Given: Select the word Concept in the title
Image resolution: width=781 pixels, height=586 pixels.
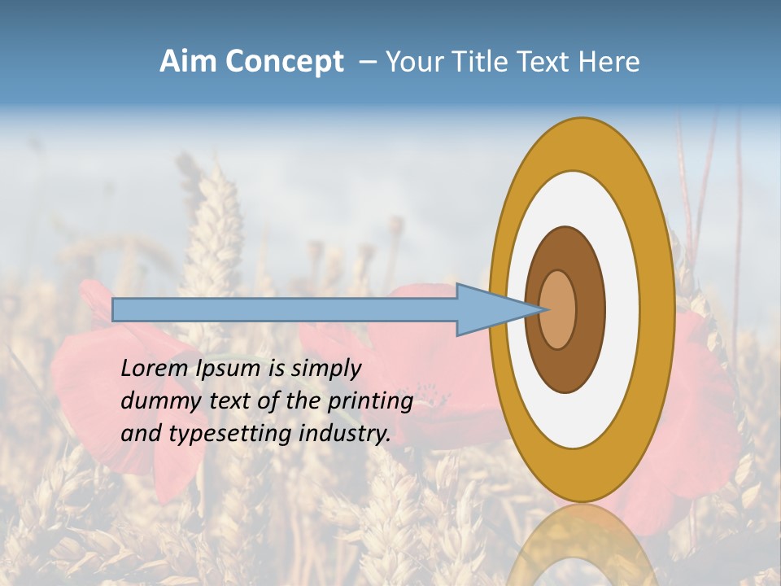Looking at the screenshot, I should [282, 62].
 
